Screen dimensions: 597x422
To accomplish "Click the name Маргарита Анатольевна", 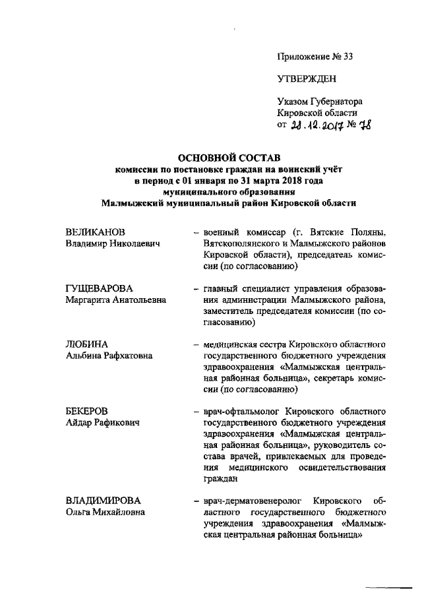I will (116, 300).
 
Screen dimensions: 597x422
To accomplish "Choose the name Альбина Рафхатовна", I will (109, 356).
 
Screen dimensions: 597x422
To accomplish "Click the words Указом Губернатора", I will (320, 102).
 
